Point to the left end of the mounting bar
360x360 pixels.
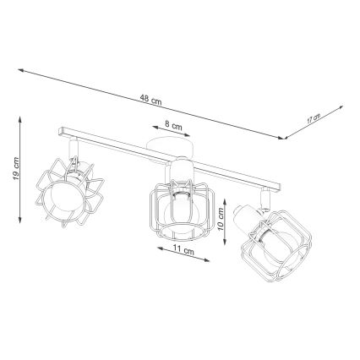(59, 132)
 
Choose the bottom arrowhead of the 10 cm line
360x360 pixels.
(228, 243)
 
